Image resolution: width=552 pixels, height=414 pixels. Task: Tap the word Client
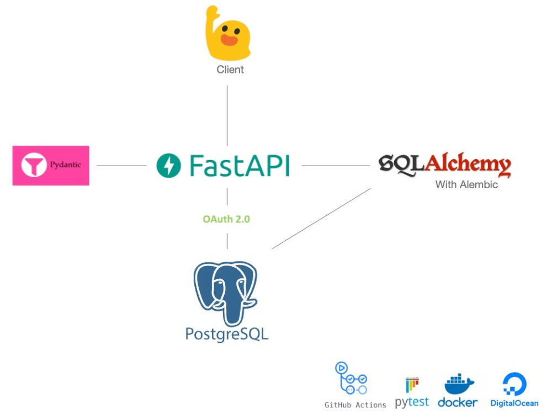[x=230, y=70]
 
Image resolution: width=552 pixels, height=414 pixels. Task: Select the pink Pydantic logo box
[x=51, y=166]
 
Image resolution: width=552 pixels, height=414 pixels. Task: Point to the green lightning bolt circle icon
[x=168, y=166]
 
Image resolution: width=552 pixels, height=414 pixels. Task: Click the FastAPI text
[x=239, y=165]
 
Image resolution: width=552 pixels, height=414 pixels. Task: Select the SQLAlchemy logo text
[x=445, y=164]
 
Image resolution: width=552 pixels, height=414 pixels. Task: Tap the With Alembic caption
[x=466, y=185]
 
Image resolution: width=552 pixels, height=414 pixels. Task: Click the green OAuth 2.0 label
[x=226, y=219]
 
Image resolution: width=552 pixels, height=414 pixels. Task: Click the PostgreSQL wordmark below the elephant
[x=227, y=335]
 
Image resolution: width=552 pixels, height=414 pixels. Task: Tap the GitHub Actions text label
[x=355, y=405]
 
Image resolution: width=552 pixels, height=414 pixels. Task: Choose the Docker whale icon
[x=458, y=384]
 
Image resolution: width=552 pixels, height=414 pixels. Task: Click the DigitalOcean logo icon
[x=514, y=384]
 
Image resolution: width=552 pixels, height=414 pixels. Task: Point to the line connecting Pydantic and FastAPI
[x=122, y=166]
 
